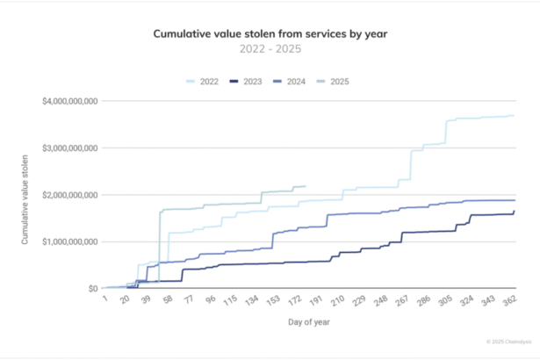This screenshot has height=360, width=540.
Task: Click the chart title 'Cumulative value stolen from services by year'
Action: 270,34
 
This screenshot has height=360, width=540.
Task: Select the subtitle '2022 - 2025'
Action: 270,50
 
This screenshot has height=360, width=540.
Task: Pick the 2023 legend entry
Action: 246,81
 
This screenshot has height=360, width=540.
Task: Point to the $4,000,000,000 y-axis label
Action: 69,101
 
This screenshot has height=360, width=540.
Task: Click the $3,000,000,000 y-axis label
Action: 69,148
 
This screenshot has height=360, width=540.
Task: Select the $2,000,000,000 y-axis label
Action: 69,194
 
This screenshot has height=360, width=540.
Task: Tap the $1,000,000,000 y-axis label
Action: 69,241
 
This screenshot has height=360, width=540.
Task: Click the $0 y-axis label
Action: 91,288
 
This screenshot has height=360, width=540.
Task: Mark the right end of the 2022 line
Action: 514,116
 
